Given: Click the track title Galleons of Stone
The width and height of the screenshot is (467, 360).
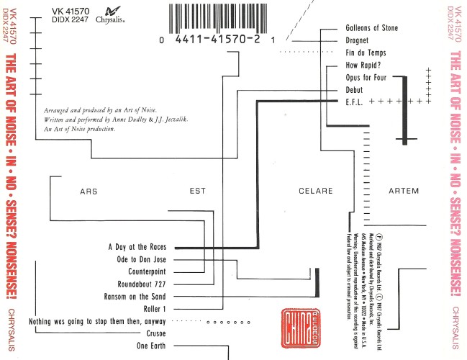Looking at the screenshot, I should pyautogui.click(x=371, y=28).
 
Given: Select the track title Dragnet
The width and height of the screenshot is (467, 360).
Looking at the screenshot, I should pyautogui.click(x=357, y=40).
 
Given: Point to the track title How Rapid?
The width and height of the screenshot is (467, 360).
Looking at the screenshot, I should pyautogui.click(x=362, y=66).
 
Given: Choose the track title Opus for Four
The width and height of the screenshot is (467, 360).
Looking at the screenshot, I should pyautogui.click(x=366, y=77).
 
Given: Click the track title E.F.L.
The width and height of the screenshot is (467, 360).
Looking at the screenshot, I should pyautogui.click(x=355, y=102).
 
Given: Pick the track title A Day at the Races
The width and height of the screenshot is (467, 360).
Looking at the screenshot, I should pyautogui.click(x=137, y=247).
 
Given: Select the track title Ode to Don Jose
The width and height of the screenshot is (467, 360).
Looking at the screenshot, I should pyautogui.click(x=141, y=259).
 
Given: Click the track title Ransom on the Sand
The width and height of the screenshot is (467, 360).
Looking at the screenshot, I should pyautogui.click(x=137, y=297).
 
